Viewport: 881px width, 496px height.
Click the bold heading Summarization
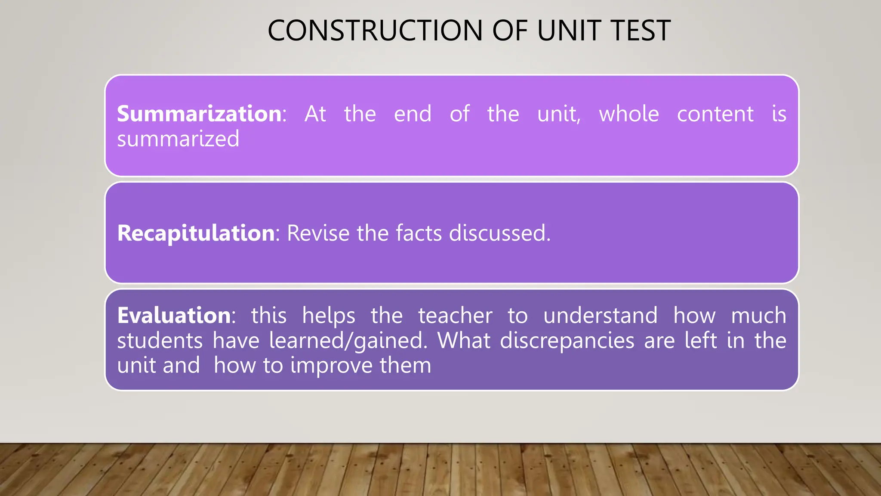click(199, 114)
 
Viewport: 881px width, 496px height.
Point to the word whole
click(629, 114)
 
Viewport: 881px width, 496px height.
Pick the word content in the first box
click(715, 114)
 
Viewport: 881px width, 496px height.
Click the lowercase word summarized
click(178, 139)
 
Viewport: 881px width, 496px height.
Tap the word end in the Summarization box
click(413, 114)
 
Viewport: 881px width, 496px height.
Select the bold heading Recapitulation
click(196, 233)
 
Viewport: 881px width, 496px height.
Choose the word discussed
click(499, 233)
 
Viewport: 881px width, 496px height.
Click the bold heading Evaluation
click(174, 315)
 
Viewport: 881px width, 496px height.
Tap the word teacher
click(455, 316)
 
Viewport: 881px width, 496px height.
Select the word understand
click(601, 316)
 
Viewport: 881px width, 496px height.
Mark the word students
click(160, 341)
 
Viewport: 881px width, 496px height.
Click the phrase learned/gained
click(348, 341)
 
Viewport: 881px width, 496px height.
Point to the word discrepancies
click(567, 341)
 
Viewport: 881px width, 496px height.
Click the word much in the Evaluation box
click(759, 316)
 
